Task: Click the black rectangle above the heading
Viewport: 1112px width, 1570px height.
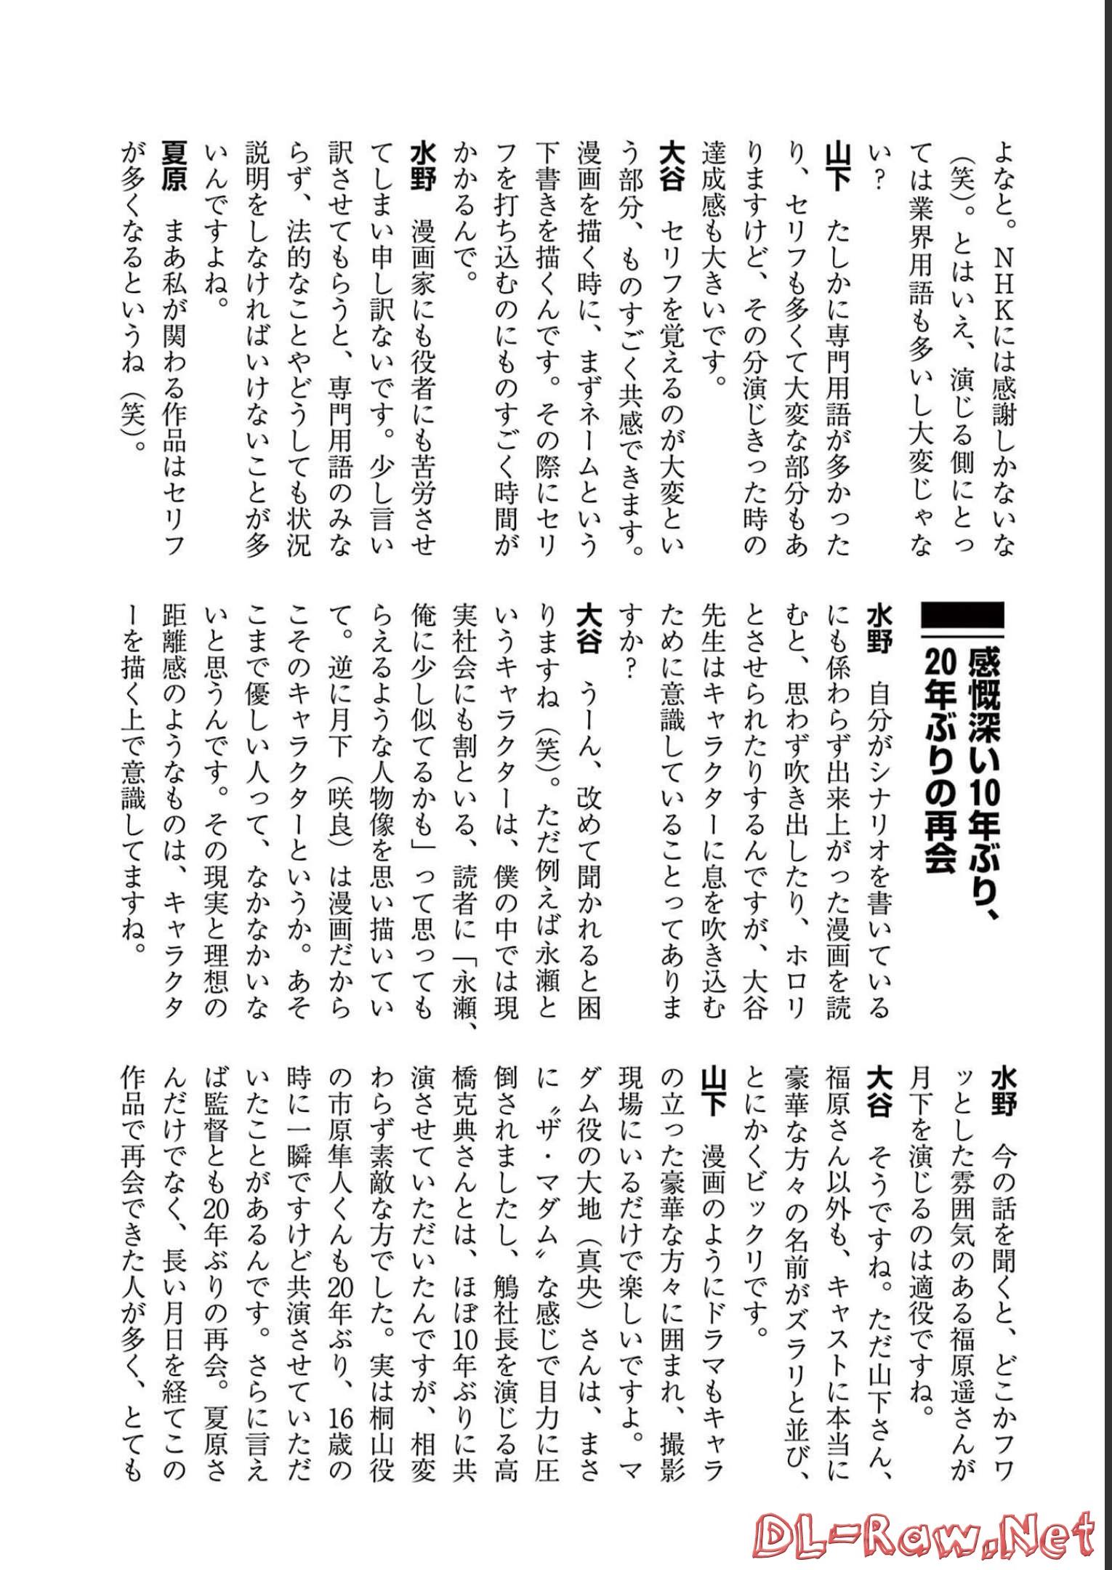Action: click(x=962, y=617)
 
